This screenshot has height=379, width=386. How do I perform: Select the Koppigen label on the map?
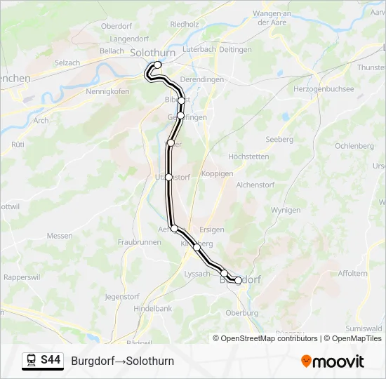217,173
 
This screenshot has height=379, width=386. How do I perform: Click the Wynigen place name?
286,210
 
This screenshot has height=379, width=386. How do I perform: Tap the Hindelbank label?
153,309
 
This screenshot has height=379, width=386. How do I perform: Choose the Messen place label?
59,237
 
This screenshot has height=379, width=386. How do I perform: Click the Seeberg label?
279,140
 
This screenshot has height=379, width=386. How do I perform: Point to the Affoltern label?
352,273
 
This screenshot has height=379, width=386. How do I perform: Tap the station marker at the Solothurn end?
157,65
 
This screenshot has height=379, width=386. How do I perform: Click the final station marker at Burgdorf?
238,280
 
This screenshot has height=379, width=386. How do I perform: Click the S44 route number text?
51,361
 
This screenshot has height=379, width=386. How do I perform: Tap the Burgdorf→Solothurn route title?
122,361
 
